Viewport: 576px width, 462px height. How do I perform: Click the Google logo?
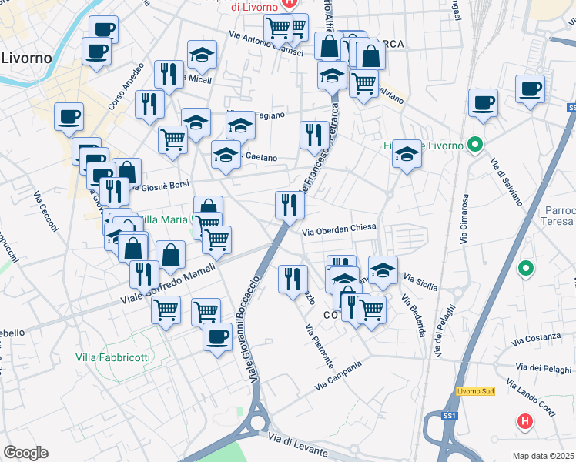tap(25, 453)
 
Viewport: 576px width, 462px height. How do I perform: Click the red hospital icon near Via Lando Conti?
tap(524, 421)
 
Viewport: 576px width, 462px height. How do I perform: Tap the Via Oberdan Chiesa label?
tap(338, 229)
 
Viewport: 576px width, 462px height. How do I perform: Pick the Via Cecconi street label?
tap(45, 210)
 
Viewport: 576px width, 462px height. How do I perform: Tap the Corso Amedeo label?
tap(126, 85)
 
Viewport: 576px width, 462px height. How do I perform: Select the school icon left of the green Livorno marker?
tap(407, 154)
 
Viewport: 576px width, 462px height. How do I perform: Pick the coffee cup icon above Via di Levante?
tap(217, 336)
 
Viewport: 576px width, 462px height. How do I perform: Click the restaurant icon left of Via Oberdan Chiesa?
tap(290, 205)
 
